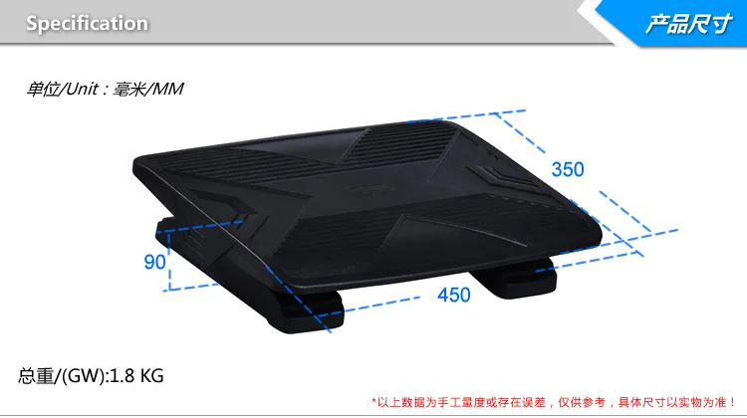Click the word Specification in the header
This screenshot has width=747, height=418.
click(x=87, y=23)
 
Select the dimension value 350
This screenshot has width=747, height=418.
click(x=568, y=169)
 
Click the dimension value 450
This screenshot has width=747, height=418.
click(x=453, y=295)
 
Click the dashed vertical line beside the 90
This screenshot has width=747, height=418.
click(x=170, y=261)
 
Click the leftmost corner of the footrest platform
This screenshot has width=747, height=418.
click(x=136, y=159)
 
